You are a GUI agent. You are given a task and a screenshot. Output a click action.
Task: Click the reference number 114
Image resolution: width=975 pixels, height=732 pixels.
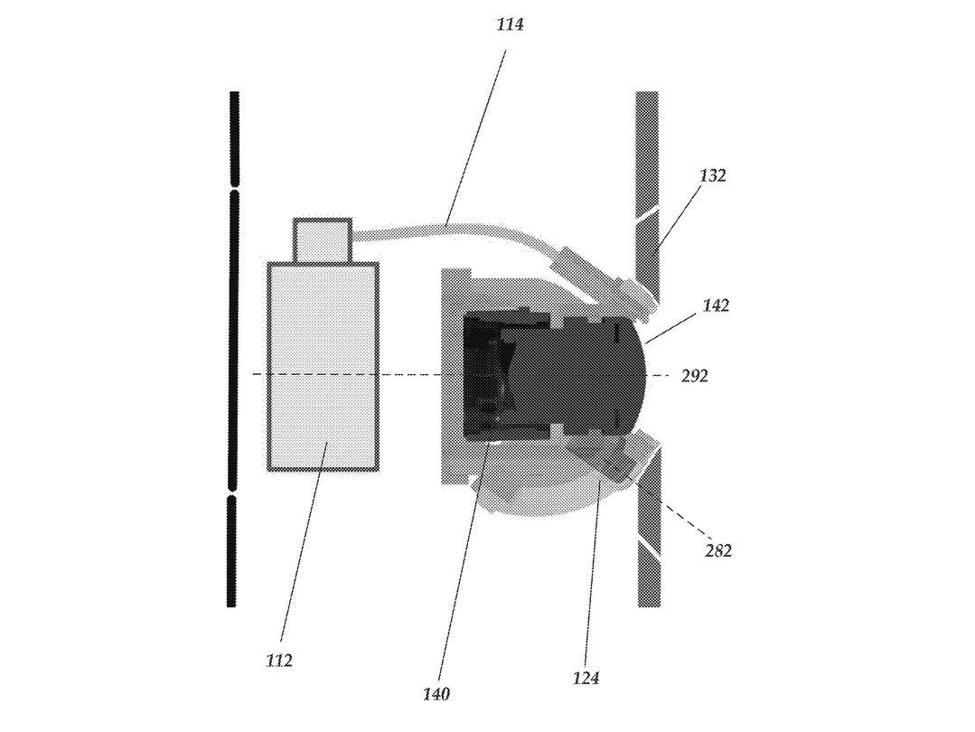[510, 25]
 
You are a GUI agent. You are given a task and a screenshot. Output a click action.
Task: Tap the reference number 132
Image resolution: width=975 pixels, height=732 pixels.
[712, 175]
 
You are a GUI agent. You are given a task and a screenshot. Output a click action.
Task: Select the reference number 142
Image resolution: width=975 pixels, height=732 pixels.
[716, 305]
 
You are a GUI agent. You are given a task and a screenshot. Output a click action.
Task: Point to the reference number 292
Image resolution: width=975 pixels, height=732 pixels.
[695, 376]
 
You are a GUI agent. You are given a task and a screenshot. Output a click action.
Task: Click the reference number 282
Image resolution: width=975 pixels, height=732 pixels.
[718, 550]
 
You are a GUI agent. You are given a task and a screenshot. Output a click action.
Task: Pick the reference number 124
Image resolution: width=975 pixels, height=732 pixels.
[586, 677]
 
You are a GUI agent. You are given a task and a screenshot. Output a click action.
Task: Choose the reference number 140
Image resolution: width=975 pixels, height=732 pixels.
[436, 693]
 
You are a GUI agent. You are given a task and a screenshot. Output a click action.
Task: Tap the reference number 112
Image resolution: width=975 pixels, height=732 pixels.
[278, 661]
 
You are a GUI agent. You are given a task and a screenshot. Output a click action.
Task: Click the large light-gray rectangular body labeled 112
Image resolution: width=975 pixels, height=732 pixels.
[323, 366]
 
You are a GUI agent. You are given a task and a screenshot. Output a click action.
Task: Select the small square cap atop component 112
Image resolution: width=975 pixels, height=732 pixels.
[323, 239]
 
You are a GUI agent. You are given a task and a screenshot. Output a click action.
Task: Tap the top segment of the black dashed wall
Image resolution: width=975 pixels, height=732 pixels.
[234, 139]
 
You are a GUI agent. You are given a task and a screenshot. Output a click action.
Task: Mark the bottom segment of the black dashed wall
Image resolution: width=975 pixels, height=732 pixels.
[232, 551]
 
